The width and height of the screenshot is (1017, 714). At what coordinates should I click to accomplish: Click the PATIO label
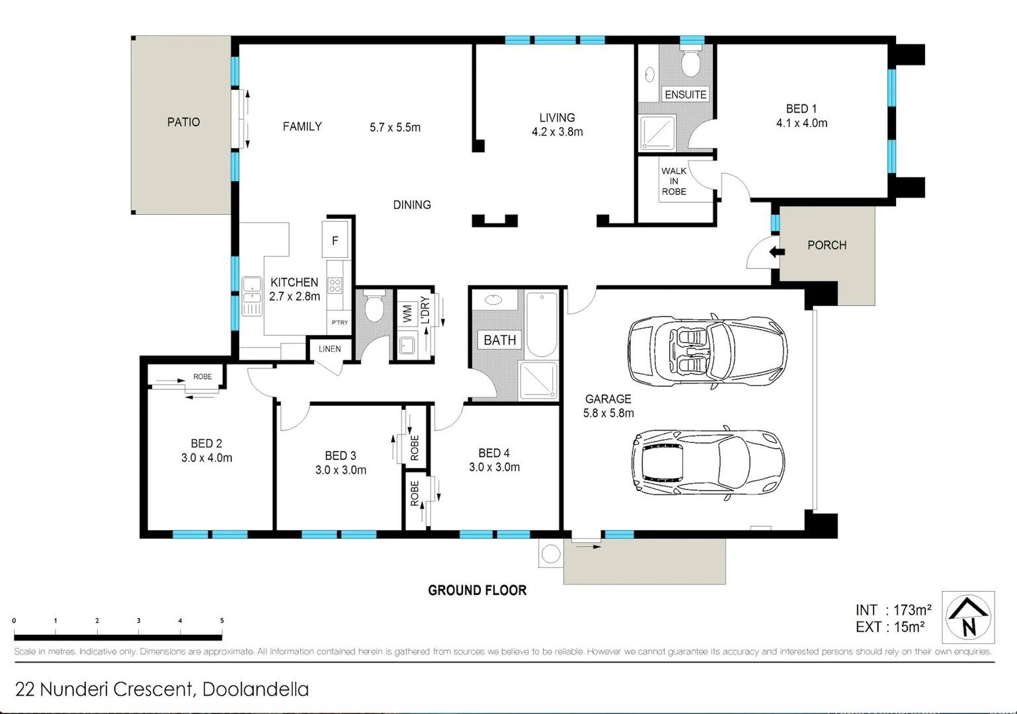(x=183, y=122)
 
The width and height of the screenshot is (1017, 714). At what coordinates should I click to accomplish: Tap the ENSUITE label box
(x=685, y=95)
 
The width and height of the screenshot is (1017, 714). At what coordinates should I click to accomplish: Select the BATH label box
(x=499, y=340)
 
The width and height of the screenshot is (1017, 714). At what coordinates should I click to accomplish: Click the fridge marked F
(x=335, y=241)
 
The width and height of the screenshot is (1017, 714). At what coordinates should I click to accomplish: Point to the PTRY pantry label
(x=339, y=323)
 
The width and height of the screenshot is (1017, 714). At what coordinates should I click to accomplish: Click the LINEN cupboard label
(x=329, y=349)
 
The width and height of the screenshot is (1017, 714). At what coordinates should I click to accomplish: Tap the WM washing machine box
(x=407, y=312)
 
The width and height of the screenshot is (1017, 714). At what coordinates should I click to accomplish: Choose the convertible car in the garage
(x=706, y=350)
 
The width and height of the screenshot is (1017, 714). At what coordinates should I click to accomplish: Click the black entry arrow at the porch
(x=776, y=252)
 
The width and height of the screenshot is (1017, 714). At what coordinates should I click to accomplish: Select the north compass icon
(x=968, y=617)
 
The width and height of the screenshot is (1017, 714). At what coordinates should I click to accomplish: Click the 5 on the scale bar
(x=222, y=621)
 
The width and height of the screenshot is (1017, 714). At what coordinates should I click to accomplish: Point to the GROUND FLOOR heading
(x=477, y=590)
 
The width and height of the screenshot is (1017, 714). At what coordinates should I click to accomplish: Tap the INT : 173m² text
(x=893, y=610)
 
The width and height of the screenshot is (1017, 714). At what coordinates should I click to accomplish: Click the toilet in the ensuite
(x=692, y=62)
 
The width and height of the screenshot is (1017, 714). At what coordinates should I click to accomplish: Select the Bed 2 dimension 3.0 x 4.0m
(x=206, y=457)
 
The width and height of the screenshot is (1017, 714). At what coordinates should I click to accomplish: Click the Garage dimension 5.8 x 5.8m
(x=608, y=413)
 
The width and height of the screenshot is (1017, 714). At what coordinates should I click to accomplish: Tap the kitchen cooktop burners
(x=335, y=286)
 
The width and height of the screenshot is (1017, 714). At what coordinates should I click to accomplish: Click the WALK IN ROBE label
(x=674, y=181)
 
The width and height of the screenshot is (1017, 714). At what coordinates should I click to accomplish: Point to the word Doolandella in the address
(x=255, y=690)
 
